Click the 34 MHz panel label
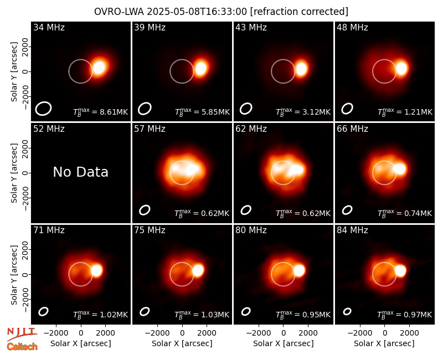pyautogui.click(x=49, y=27)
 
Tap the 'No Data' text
pyautogui.click(x=80, y=172)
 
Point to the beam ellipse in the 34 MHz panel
pyautogui.click(x=43, y=109)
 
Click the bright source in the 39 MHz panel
pyautogui.click(x=200, y=68)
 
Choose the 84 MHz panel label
pyautogui.click(x=352, y=230)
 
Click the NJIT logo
pyautogui.click(x=22, y=333)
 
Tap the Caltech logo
pyautogui.click(x=22, y=347)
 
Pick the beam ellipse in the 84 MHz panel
pyautogui.click(x=347, y=311)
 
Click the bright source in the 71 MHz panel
pyautogui.click(x=96, y=270)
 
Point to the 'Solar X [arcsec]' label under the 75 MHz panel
pyautogui.click(x=182, y=343)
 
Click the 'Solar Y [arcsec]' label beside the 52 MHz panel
pyautogui.click(x=14, y=173)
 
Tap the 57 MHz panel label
pyautogui.click(x=150, y=129)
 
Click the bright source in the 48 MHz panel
pyautogui.click(x=401, y=68)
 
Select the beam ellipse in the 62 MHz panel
pyautogui.click(x=246, y=210)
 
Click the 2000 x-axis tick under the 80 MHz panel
pyautogui.click(x=308, y=333)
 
